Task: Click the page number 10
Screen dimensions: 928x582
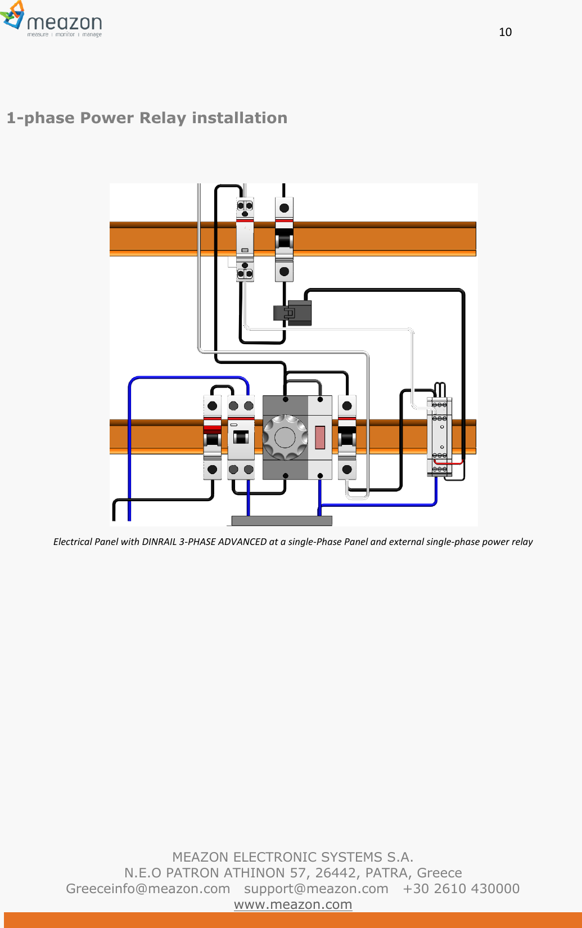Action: pyautogui.click(x=505, y=32)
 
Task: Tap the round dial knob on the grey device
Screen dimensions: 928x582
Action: pyautogui.click(x=285, y=437)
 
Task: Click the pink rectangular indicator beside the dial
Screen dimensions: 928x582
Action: pyautogui.click(x=320, y=437)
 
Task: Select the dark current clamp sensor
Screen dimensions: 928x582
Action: pyautogui.click(x=293, y=313)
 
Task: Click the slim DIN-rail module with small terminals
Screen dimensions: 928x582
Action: pyautogui.click(x=439, y=436)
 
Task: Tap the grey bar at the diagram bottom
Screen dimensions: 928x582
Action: pyautogui.click(x=282, y=521)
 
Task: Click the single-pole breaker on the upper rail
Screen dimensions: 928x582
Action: pyautogui.click(x=284, y=239)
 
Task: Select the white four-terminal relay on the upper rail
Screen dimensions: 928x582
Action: pyautogui.click(x=245, y=239)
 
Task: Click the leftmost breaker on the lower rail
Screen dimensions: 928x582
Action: pyautogui.click(x=212, y=437)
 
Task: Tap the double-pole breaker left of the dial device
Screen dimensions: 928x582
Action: pyautogui.click(x=241, y=437)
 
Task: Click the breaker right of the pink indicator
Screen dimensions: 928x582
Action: pyautogui.click(x=347, y=437)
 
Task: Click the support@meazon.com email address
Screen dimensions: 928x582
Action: pyautogui.click(x=316, y=889)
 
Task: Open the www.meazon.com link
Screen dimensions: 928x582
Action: pyautogui.click(x=293, y=904)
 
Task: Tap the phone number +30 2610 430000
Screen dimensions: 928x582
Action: pyautogui.click(x=461, y=889)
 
